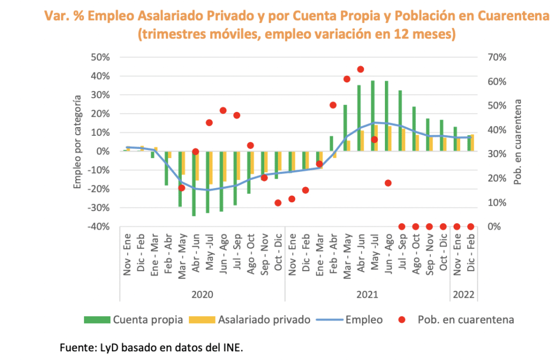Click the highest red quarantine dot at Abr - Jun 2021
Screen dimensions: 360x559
[360, 69]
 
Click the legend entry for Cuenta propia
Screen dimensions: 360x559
[133, 320]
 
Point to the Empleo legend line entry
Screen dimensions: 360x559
[349, 320]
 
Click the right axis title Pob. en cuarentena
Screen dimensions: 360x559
[518, 142]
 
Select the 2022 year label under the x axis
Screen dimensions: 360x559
[463, 295]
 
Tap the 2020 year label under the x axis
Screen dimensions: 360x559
[202, 295]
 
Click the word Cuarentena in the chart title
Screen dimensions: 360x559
[513, 16]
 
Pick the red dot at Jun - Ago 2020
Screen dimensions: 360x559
[223, 110]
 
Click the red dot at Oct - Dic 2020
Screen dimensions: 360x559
[278, 202]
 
